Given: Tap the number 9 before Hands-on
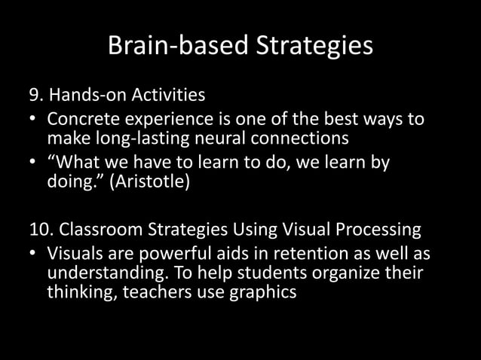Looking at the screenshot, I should click(x=34, y=96).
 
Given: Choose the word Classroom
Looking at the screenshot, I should click(x=94, y=230).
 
